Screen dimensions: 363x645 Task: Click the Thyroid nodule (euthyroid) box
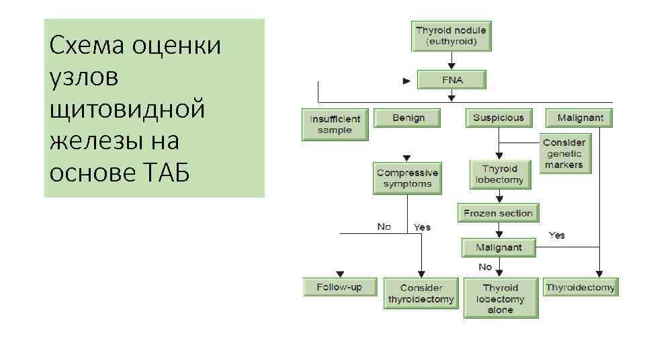tap(451, 36)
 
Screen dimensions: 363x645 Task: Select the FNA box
tap(451, 79)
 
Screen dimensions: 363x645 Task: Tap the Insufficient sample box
tap(335, 124)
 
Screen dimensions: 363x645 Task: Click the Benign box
tap(408, 118)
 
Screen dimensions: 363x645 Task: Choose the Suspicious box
tap(498, 118)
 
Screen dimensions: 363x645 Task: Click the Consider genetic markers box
tap(564, 154)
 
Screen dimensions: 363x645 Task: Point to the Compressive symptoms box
tap(408, 177)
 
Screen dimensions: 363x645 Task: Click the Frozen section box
tap(498, 213)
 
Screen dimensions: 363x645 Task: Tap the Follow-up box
tap(339, 287)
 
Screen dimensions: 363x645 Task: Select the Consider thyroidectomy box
tap(420, 293)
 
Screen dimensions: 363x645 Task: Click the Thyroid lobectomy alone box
tap(500, 298)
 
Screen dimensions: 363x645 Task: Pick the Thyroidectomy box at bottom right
tap(580, 287)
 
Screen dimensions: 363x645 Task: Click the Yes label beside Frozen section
tap(557, 235)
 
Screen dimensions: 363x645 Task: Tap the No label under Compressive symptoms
tap(384, 227)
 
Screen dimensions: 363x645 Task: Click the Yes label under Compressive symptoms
tap(422, 227)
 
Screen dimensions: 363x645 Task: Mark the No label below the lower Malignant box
tap(485, 267)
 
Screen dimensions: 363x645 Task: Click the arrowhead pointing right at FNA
tap(406, 81)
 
